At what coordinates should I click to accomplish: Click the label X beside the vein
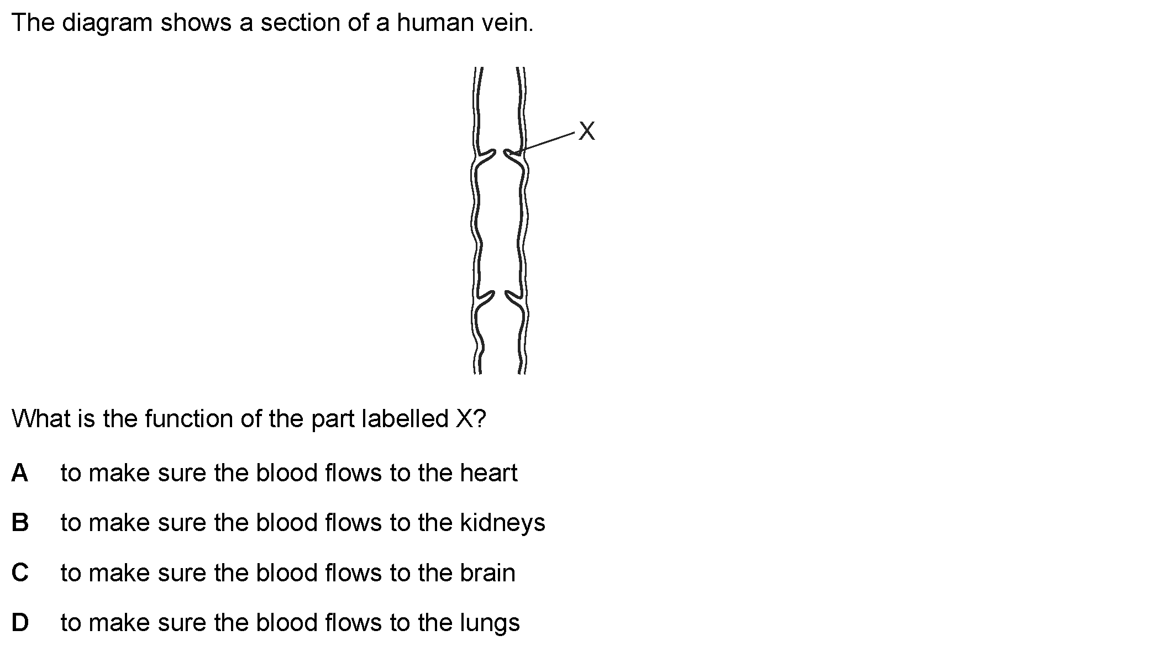[x=587, y=132]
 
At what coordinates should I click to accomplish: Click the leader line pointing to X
[x=547, y=141]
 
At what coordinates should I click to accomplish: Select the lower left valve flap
[x=485, y=298]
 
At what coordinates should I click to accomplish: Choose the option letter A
[x=20, y=472]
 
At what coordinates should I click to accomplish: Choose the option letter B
[x=20, y=522]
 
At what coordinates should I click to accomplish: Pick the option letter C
[x=20, y=573]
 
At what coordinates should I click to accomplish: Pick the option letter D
[x=20, y=622]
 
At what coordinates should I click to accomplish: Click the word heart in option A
[x=488, y=472]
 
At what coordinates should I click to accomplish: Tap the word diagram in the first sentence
[x=107, y=24]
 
